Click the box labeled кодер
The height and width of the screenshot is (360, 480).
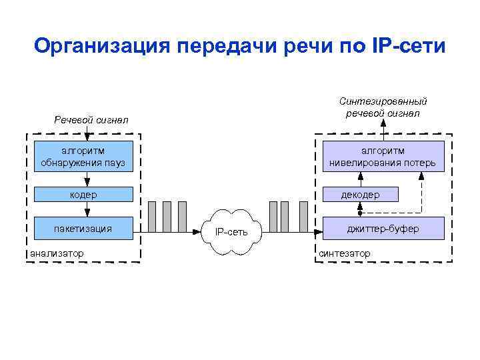pyautogui.click(x=83, y=195)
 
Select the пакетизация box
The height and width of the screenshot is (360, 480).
pyautogui.click(x=83, y=229)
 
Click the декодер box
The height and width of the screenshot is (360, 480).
pyautogui.click(x=360, y=195)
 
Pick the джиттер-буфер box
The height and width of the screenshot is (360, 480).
pyautogui.click(x=383, y=229)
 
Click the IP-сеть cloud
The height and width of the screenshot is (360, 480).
pyautogui.click(x=231, y=232)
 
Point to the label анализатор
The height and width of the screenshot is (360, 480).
pyautogui.click(x=57, y=253)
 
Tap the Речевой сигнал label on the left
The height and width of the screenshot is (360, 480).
pyautogui.click(x=91, y=120)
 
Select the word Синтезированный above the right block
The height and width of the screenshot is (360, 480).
pyautogui.click(x=383, y=101)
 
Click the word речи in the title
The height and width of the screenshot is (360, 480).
pyautogui.click(x=297, y=47)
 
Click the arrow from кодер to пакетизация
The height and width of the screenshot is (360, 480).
pyautogui.click(x=87, y=209)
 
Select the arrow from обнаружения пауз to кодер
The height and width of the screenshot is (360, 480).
pyautogui.click(x=87, y=178)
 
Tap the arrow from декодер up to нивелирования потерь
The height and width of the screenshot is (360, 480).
pyautogui.click(x=360, y=178)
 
